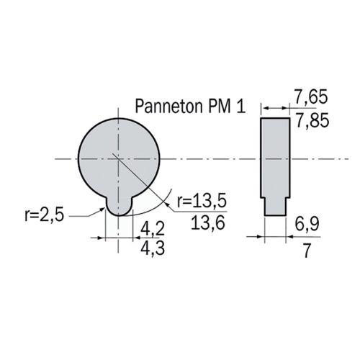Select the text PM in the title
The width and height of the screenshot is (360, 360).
click(x=222, y=107)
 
